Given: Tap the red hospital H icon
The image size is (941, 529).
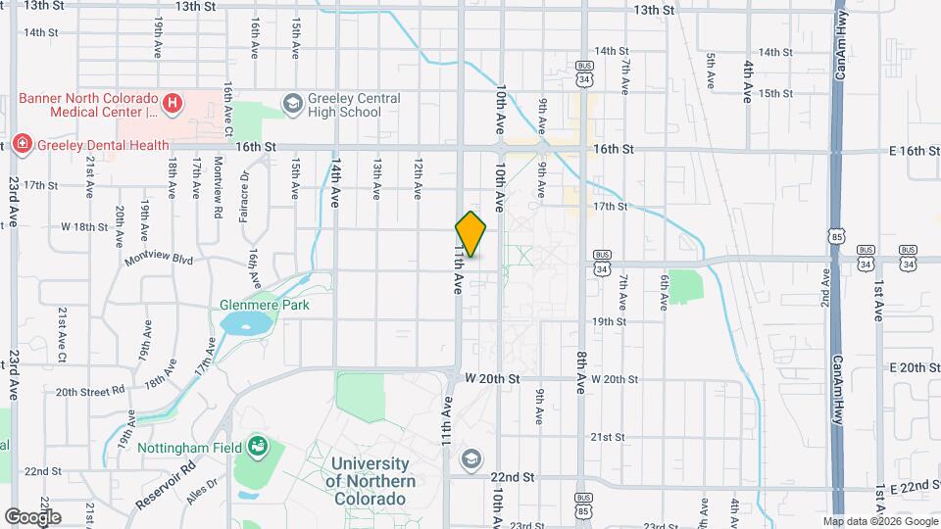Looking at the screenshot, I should coord(173,101).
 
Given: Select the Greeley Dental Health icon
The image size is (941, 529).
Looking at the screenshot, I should coord(23,145).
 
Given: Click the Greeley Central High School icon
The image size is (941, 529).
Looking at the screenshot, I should coord(292,102).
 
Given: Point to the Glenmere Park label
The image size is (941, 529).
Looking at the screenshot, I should coord(264,306).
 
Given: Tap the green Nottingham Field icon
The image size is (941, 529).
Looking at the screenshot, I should coord(258,447).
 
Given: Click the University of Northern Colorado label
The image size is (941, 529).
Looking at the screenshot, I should coord(371,480).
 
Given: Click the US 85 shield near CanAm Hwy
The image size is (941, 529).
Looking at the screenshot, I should coord(834,236).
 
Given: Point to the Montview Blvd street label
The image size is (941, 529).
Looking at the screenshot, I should coord(159,261).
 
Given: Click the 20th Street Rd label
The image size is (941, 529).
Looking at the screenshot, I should coord(89,392).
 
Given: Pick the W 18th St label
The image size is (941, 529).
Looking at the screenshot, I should coord(83,226).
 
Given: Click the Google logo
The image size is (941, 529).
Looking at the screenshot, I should coord(32,516).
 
